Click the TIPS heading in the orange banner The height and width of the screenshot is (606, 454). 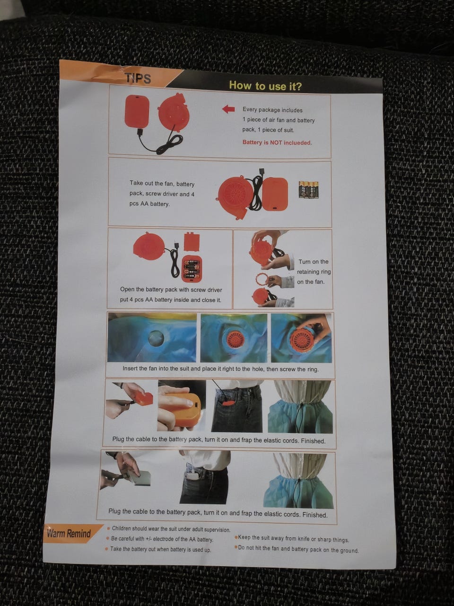138,78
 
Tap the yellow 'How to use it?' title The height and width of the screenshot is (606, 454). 265,86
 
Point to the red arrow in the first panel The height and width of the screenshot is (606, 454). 228,109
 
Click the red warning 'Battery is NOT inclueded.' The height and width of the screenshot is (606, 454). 277,142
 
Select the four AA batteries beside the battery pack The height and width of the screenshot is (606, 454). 309,190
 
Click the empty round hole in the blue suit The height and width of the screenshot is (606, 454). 156,338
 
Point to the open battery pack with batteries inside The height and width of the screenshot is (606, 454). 192,268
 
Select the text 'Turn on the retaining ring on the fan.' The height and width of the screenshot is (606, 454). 314,272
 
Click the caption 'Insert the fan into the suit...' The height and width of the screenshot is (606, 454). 220,369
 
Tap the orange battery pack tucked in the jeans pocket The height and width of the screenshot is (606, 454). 228,404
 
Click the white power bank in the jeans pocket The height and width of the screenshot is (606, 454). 192,476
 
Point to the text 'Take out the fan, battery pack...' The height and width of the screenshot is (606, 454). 162,193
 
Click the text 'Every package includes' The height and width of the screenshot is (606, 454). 272,110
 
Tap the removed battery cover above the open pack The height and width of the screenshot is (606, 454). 192,242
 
